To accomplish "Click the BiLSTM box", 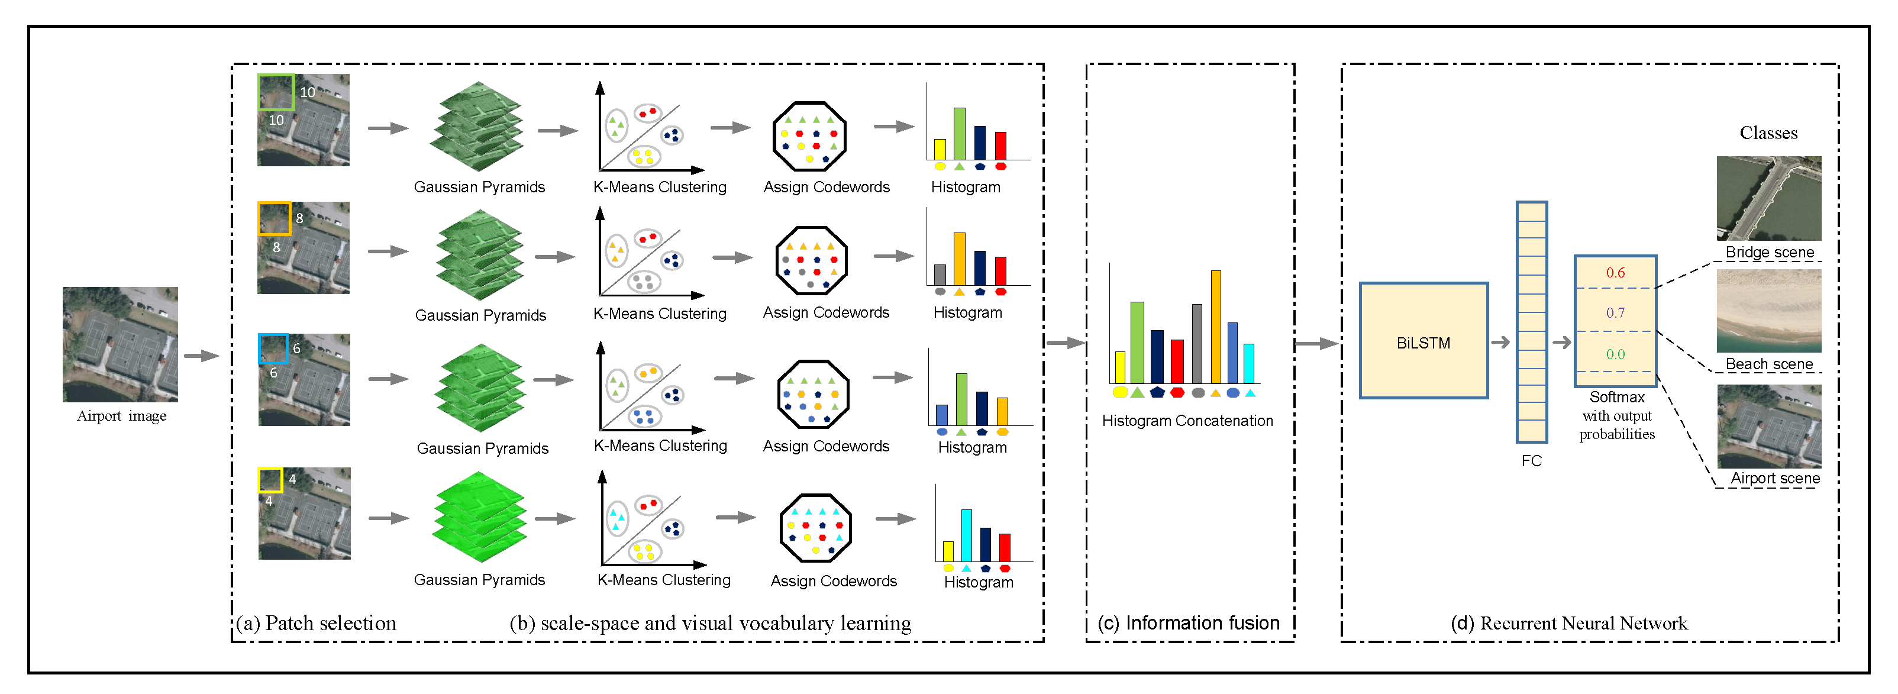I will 1423,341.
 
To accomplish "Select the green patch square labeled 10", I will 276,92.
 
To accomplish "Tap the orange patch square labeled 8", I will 273,219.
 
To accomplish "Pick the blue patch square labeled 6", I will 273,349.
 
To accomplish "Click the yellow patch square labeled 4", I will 270,480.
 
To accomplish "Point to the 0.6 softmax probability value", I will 1615,273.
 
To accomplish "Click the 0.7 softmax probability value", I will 1615,313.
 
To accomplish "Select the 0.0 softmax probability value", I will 1615,354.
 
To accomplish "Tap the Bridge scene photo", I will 1768,198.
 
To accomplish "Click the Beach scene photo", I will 1768,310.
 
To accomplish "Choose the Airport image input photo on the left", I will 120,344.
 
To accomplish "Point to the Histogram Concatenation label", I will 1187,421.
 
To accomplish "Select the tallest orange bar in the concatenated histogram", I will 1216,327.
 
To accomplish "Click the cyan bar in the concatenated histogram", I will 1249,363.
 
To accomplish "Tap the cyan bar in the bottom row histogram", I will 966,535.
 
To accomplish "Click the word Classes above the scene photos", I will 1768,133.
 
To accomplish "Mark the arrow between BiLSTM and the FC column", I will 1500,342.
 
